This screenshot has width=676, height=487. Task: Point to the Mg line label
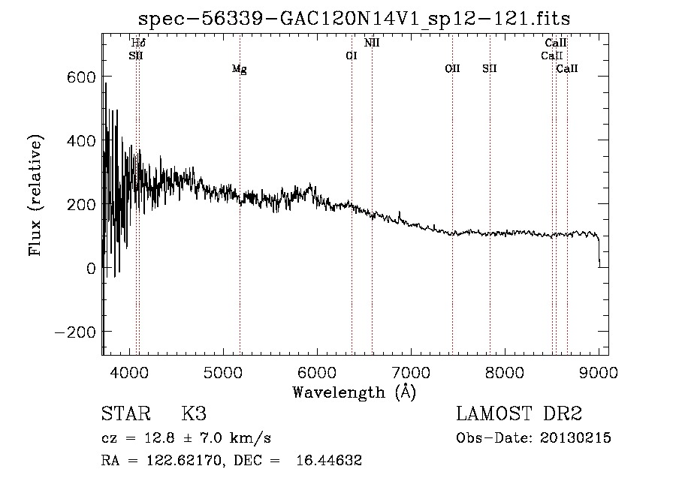pyautogui.click(x=239, y=69)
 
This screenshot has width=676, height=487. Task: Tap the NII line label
pyautogui.click(x=372, y=43)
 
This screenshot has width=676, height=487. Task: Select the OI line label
pyautogui.click(x=351, y=56)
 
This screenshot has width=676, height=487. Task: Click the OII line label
pyautogui.click(x=452, y=68)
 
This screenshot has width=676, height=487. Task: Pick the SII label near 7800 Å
pyautogui.click(x=490, y=68)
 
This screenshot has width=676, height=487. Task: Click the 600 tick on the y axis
pyautogui.click(x=80, y=77)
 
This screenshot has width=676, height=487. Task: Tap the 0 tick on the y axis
pyautogui.click(x=89, y=268)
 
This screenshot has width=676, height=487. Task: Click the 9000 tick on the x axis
pyautogui.click(x=599, y=371)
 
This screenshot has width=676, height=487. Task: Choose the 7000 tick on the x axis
pyautogui.click(x=411, y=371)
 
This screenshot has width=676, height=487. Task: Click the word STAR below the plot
pyautogui.click(x=124, y=414)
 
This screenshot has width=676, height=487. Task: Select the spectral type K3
pyautogui.click(x=194, y=414)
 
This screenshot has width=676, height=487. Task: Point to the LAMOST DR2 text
pyautogui.click(x=519, y=414)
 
